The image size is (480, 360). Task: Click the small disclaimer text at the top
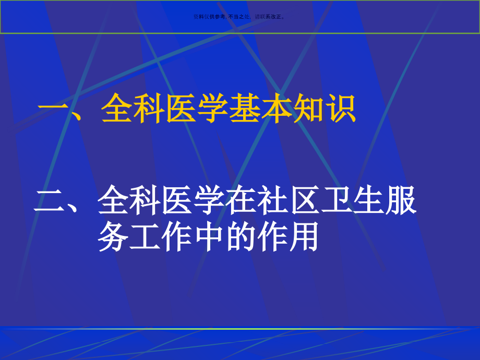pos(239,17)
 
